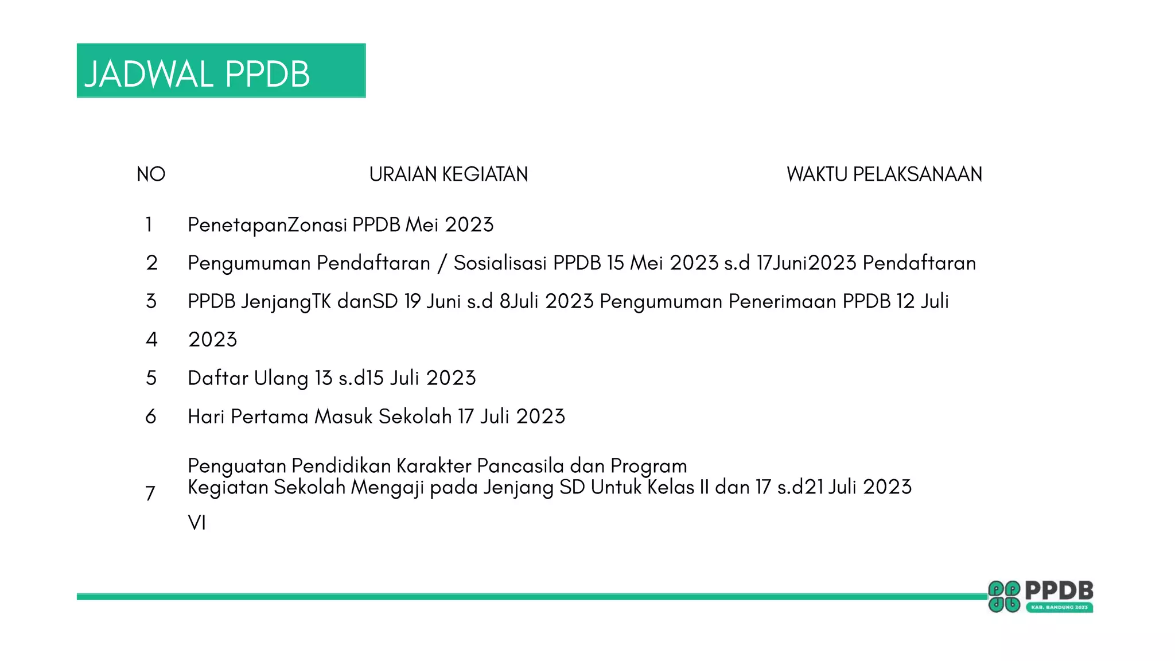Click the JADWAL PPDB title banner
(x=221, y=71)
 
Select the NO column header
(x=151, y=174)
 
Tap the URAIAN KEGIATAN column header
(x=448, y=174)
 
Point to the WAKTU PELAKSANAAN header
(x=884, y=174)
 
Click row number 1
(x=149, y=224)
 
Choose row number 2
(x=151, y=263)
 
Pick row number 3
(x=151, y=301)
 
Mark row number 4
(x=151, y=340)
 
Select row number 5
(x=151, y=378)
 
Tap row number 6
(x=151, y=417)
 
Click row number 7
(x=150, y=493)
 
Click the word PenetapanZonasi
(x=267, y=225)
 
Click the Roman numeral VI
(x=197, y=523)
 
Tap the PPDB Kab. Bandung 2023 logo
(x=1040, y=596)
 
